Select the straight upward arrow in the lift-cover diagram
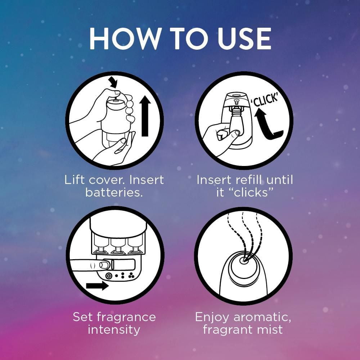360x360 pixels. [145, 116]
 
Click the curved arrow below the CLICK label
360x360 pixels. [267, 125]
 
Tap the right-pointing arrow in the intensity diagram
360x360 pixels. [97, 285]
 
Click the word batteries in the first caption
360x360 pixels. [114, 192]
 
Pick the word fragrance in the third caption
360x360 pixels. [126, 317]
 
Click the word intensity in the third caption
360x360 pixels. [114, 330]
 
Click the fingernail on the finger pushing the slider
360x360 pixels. [105, 265]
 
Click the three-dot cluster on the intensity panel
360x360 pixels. [131, 276]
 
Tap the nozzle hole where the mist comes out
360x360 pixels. [243, 261]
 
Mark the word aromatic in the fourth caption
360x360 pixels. [262, 317]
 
